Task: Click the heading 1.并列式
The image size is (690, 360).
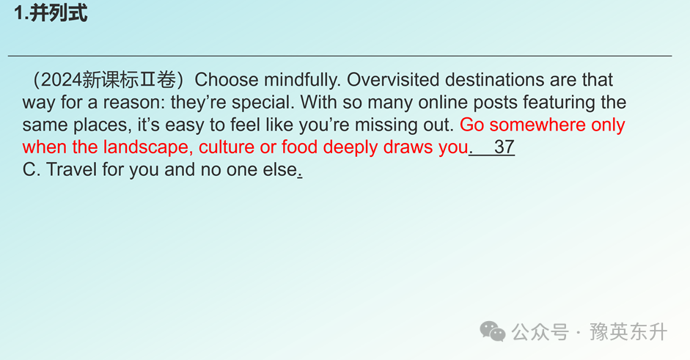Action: [x=51, y=12]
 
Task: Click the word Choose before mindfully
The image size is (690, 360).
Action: [x=226, y=80]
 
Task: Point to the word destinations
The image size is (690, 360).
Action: [x=495, y=80]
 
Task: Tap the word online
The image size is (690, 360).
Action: [x=436, y=102]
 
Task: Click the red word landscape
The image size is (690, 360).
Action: [x=148, y=147]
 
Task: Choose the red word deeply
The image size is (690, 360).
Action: [x=350, y=147]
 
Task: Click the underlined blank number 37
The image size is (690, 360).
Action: [x=504, y=147]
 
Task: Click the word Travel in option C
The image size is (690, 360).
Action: [x=71, y=169]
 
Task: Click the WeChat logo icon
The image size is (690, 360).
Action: [x=493, y=331]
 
